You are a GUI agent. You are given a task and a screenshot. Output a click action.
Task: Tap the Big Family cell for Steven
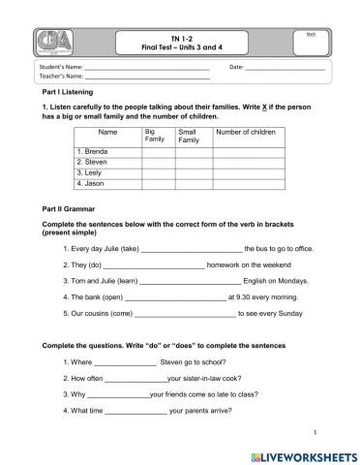point(159,162)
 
